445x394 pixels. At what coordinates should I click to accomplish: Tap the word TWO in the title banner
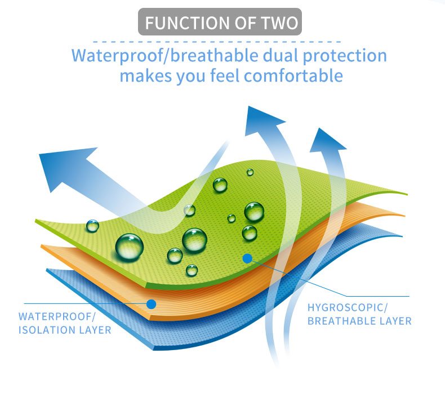click(279, 23)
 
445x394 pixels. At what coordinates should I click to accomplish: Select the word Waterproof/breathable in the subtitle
click(165, 56)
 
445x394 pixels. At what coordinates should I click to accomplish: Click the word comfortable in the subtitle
click(293, 76)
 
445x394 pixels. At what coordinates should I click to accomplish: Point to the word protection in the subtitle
click(345, 56)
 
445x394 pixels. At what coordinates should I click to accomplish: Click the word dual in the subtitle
click(281, 55)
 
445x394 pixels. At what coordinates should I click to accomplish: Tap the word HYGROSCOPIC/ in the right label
click(348, 307)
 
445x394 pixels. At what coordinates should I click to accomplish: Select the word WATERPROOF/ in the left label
click(57, 316)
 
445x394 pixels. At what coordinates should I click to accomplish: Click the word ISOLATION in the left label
click(47, 330)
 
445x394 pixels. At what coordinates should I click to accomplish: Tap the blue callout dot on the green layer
click(247, 258)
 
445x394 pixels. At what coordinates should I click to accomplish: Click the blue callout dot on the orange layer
click(152, 304)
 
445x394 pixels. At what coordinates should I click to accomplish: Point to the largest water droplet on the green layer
click(130, 247)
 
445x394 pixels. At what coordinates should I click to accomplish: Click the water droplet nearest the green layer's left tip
click(92, 226)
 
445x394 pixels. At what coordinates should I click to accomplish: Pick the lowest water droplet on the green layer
click(192, 270)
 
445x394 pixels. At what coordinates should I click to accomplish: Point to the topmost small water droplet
click(250, 172)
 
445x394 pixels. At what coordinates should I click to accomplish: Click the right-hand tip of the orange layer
click(404, 216)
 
